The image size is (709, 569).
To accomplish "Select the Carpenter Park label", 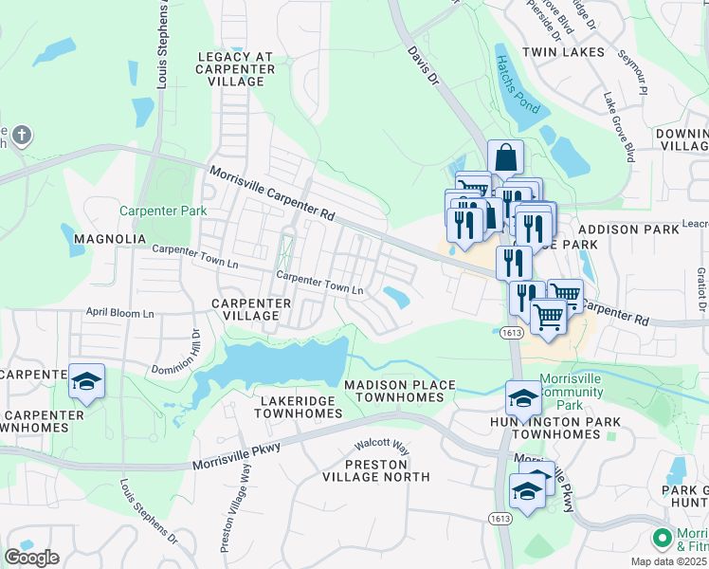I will click(150, 211).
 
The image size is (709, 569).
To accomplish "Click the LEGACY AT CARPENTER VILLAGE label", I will click(236, 69).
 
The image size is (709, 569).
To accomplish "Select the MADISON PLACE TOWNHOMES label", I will click(393, 391).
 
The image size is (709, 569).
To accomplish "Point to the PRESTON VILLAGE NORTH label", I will click(376, 470).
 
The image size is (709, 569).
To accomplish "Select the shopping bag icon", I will click(506, 157).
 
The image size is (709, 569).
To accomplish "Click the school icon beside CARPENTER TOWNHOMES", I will click(86, 382).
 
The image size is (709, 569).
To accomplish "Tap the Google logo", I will click(31, 557).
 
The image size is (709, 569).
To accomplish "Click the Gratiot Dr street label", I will click(701, 286).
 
